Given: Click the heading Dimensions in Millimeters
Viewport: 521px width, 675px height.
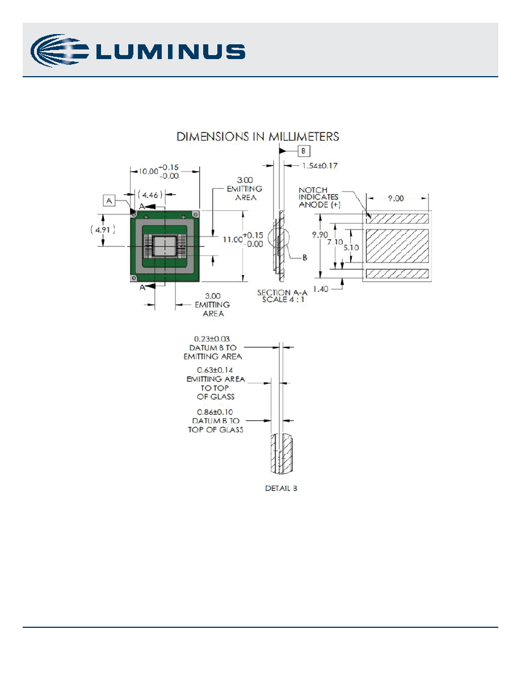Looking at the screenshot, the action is point(258,136).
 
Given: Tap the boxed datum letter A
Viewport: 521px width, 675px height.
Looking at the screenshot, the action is point(109,201).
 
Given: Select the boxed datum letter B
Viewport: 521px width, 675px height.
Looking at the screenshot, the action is point(304,151).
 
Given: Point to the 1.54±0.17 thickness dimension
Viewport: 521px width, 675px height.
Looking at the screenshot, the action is point(320,165).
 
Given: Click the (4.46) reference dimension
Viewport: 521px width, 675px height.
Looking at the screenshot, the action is point(150,195).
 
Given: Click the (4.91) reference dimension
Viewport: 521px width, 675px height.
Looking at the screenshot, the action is point(103,230).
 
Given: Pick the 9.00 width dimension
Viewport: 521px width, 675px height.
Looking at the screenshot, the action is point(396,198).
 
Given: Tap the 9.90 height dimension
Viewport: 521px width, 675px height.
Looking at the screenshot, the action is point(320,235).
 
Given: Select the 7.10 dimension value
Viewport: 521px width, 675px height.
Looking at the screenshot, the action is point(335,242).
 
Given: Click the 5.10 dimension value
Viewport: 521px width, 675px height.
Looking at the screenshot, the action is point(351,248).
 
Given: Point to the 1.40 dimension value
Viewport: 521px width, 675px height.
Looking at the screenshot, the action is point(320,289).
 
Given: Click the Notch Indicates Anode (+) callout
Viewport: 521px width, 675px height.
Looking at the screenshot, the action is point(319,197).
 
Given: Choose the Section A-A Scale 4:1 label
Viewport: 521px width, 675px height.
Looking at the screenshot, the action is point(283,296).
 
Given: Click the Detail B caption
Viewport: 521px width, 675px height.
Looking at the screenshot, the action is point(281,488).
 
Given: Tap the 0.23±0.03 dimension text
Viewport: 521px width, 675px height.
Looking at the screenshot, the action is point(212,339).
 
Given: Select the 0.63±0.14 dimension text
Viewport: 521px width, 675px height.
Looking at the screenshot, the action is point(215,370).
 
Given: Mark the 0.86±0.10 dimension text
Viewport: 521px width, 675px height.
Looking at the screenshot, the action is point(215,412).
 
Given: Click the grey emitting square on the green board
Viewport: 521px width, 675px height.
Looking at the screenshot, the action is point(165,246).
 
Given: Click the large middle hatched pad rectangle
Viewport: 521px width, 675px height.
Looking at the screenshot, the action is point(397,245).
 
